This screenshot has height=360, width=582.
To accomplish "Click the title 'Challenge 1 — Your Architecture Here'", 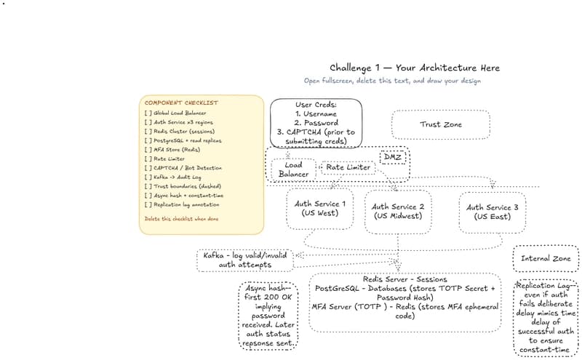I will (414, 68).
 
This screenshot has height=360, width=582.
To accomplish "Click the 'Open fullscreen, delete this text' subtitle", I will (392, 81).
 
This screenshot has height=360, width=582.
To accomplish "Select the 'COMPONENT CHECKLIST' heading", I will (180, 103).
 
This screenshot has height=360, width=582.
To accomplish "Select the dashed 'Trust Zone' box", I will (440, 124).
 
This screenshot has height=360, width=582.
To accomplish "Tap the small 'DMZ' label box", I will (393, 157).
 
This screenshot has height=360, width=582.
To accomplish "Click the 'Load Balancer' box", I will (293, 169).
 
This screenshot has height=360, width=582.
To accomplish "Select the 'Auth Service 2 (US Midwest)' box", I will (398, 211).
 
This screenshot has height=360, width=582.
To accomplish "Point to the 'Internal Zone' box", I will (546, 258).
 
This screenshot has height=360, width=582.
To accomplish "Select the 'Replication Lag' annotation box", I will (546, 318).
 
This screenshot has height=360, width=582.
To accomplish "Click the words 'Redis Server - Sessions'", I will (404, 279).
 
